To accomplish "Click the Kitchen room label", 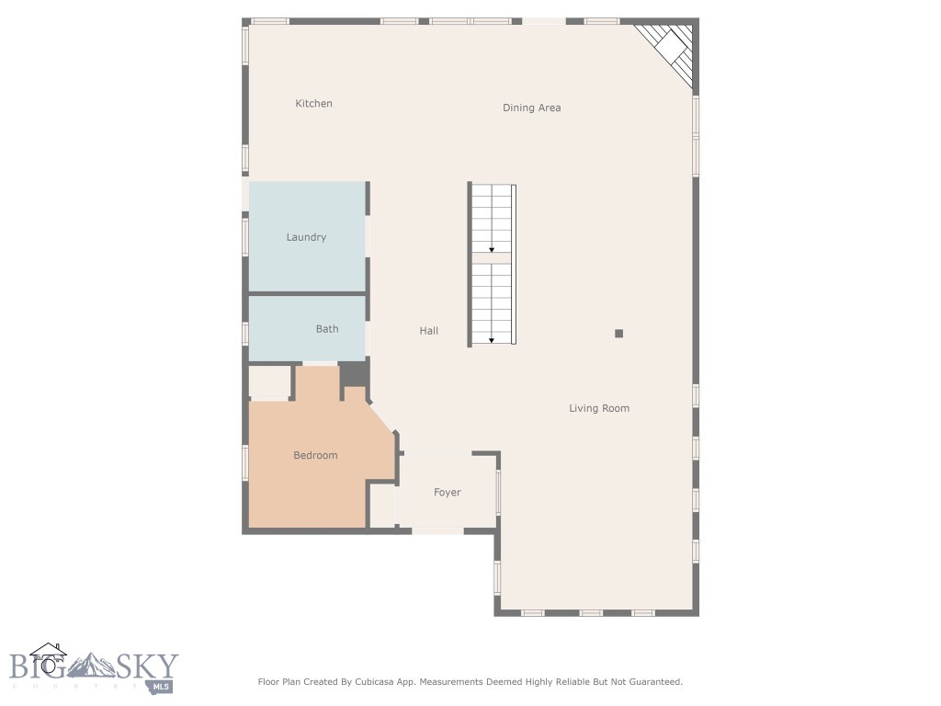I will (x=313, y=104).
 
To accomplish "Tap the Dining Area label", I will (x=531, y=108).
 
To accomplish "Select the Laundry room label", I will (x=306, y=237).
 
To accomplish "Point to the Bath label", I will (x=327, y=329).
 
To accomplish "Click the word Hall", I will (x=429, y=331).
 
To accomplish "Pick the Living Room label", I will (x=599, y=408).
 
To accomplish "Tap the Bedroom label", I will (x=315, y=456).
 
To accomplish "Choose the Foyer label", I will (x=448, y=493).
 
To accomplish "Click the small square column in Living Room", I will (x=619, y=334).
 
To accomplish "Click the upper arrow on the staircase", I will (x=492, y=248).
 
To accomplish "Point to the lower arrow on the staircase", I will (x=492, y=340).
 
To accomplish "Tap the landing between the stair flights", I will (x=492, y=258).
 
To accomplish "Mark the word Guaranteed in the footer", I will (x=651, y=682).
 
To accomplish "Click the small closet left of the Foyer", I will (x=381, y=505).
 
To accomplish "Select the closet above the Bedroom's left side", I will (x=270, y=381).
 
